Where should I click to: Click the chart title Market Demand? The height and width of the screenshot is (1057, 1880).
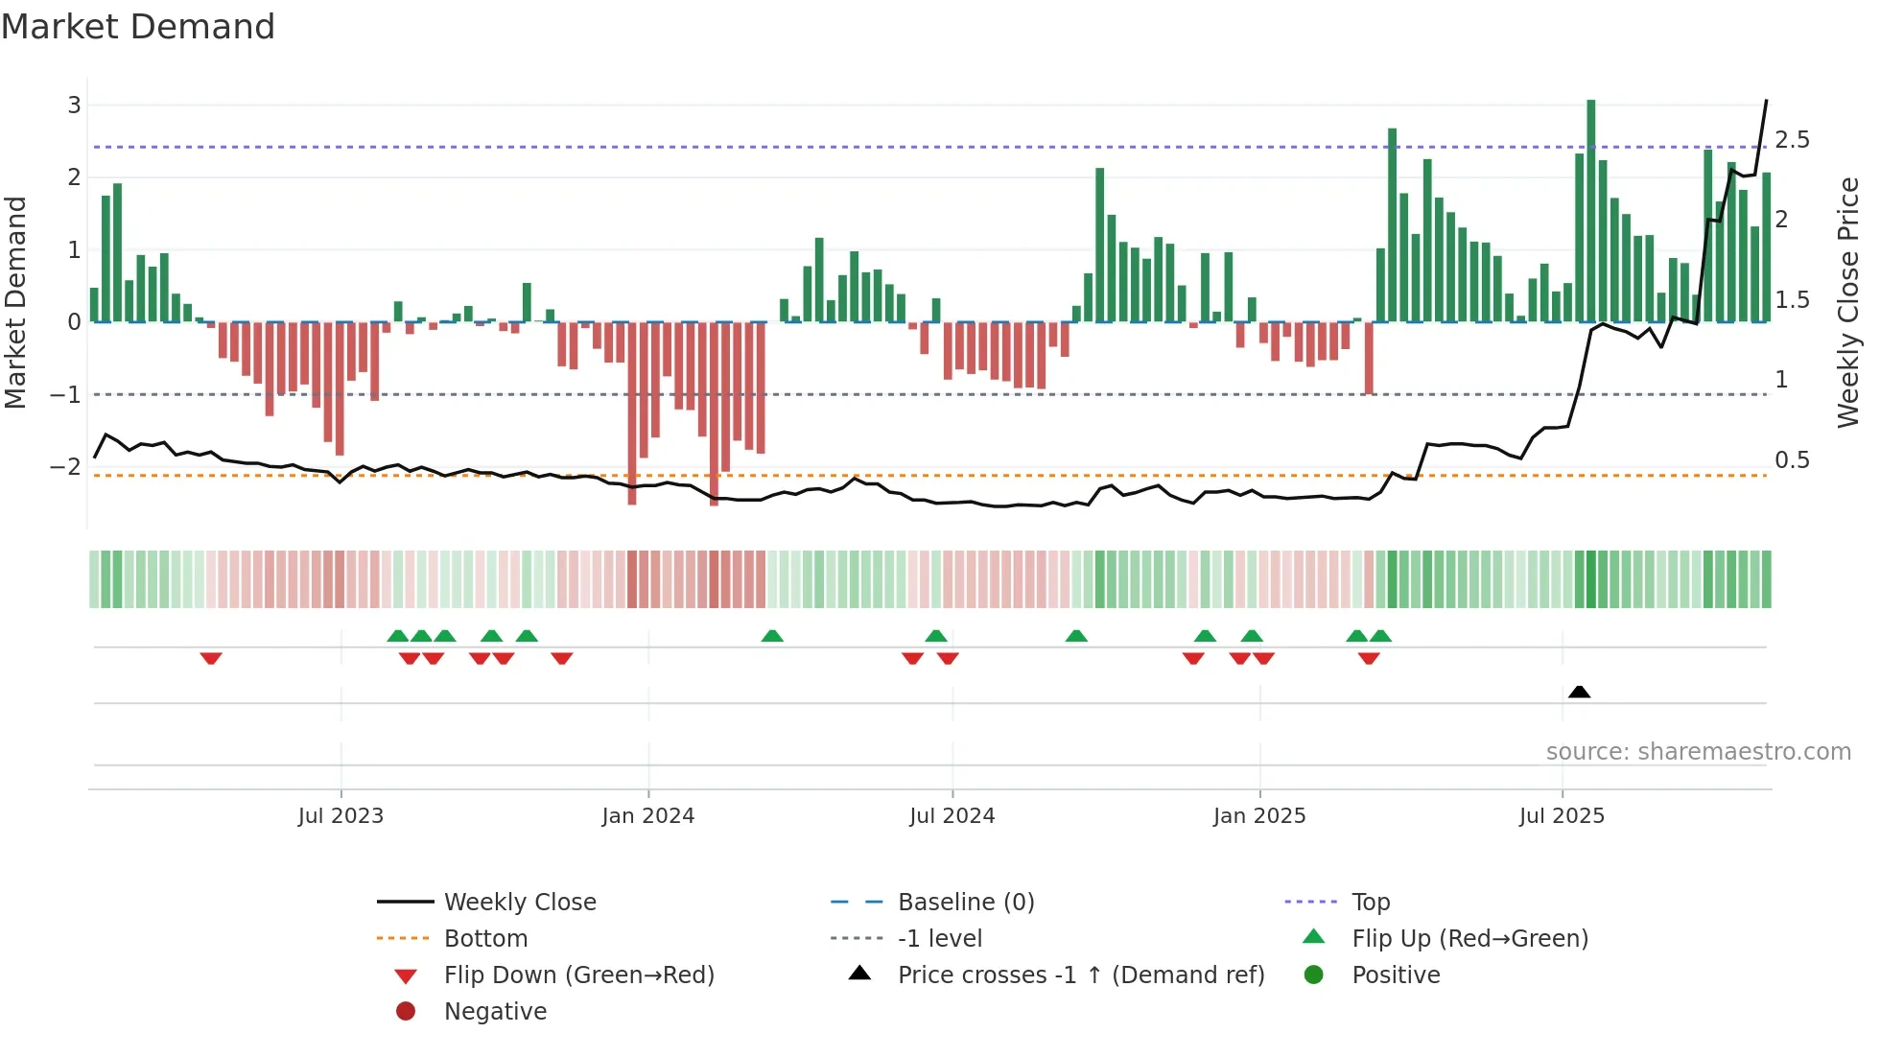coord(138,27)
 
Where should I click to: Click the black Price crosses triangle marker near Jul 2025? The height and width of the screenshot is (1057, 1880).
coord(1579,692)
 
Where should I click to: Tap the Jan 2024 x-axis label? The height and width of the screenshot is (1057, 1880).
coord(647,816)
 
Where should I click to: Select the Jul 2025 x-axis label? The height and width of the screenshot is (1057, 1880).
coord(1561,816)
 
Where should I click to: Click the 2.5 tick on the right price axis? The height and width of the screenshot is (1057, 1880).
coord(1792,140)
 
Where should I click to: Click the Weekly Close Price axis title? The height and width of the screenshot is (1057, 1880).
coord(1847,302)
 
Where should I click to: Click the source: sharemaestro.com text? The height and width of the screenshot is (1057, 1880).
coord(1698,752)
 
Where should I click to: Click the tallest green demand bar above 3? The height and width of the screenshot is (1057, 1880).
coord(1590,211)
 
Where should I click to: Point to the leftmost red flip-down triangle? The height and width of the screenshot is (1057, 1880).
coord(211,658)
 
